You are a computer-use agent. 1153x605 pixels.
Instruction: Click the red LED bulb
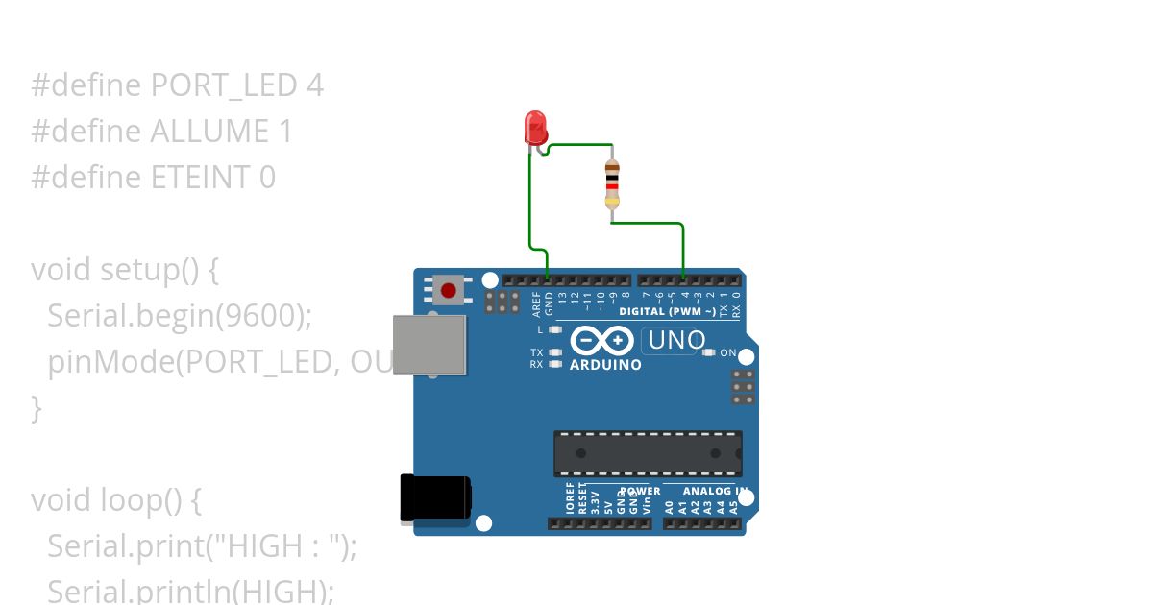[x=535, y=127]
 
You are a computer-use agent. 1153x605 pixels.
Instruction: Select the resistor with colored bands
[x=612, y=183]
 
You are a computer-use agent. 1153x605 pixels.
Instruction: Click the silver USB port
[x=429, y=344]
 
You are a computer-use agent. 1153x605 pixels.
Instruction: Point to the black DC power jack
[x=435, y=500]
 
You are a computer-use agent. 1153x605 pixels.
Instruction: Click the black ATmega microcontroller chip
[x=647, y=453]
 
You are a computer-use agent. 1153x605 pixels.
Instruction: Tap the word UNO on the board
[x=676, y=340]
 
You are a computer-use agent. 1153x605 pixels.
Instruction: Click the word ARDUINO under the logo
[x=605, y=365]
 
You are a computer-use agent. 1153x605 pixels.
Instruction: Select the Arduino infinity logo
[x=601, y=341]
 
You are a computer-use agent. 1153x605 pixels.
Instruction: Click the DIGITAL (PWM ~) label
[x=667, y=312]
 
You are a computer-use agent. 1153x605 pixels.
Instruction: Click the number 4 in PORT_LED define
[x=314, y=85]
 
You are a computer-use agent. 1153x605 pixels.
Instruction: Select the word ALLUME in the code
[x=209, y=132]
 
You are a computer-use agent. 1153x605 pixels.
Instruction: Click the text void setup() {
[x=125, y=269]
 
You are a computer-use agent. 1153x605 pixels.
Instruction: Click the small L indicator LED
[x=555, y=329]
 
